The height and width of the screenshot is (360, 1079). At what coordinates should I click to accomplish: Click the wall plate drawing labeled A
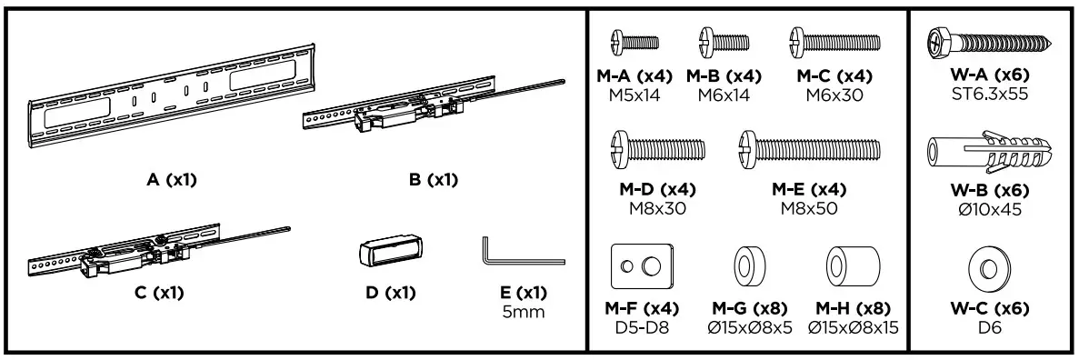tap(171, 96)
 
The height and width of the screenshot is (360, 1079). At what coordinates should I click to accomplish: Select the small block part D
tap(390, 252)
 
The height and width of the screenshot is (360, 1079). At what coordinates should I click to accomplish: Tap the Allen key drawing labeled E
tap(523, 255)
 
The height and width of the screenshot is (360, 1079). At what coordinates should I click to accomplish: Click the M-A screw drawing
tap(634, 43)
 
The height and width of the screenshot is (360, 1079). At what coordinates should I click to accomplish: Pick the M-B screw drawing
tap(724, 43)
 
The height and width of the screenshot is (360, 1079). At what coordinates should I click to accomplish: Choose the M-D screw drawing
tap(657, 149)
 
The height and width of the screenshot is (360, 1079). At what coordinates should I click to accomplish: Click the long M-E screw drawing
tap(809, 149)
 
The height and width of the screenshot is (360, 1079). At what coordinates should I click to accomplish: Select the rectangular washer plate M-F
tap(642, 265)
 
